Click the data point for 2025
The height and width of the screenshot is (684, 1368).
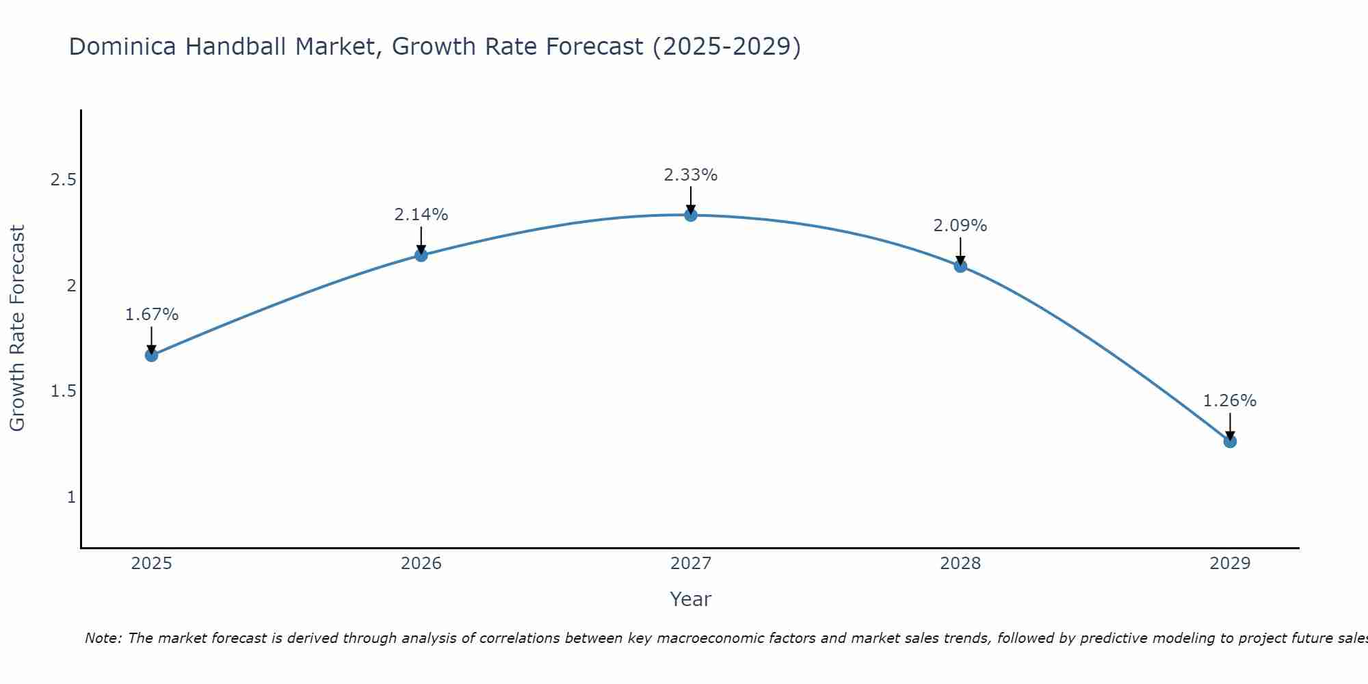pos(152,355)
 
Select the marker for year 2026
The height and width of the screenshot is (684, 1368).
pos(421,255)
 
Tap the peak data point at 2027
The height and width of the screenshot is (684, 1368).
pos(691,215)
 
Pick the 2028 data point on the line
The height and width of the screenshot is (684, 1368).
pos(960,266)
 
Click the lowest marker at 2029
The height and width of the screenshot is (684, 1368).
pos(1230,441)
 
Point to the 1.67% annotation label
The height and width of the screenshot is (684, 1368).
pos(152,315)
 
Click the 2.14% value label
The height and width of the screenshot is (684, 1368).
pos(421,215)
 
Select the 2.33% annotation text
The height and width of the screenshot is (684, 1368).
pos(691,175)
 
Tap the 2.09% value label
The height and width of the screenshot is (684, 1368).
pos(960,226)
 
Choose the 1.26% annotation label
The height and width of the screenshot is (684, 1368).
pos(1230,401)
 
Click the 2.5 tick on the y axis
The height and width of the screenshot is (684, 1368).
pos(63,181)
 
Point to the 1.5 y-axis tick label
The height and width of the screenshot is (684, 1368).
pos(63,391)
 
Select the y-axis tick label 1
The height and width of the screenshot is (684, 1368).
pos(71,497)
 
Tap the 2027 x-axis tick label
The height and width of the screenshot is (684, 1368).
pos(691,564)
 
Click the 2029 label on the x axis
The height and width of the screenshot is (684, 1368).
pos(1230,564)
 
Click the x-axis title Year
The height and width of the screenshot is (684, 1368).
pos(691,599)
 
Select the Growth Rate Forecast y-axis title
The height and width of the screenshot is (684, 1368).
pos(18,328)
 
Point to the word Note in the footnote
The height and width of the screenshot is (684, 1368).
pos(103,638)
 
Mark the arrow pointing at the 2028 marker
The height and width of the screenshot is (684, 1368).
pos(960,250)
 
